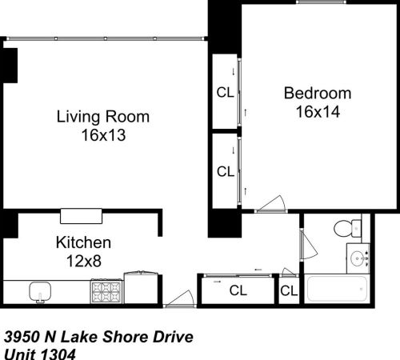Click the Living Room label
pyautogui.click(x=103, y=117)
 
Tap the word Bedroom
pyautogui.click(x=318, y=93)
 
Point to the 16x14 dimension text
pyautogui.click(x=318, y=112)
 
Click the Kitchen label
pyautogui.click(x=82, y=242)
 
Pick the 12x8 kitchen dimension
pyautogui.click(x=83, y=261)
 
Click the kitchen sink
pyautogui.click(x=38, y=291)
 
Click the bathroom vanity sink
pyautogui.click(x=359, y=258)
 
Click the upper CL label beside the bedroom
pyautogui.click(x=226, y=92)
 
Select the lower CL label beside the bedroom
pyautogui.click(x=226, y=171)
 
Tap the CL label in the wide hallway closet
pyautogui.click(x=238, y=290)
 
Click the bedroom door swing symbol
pyautogui.click(x=274, y=203)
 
